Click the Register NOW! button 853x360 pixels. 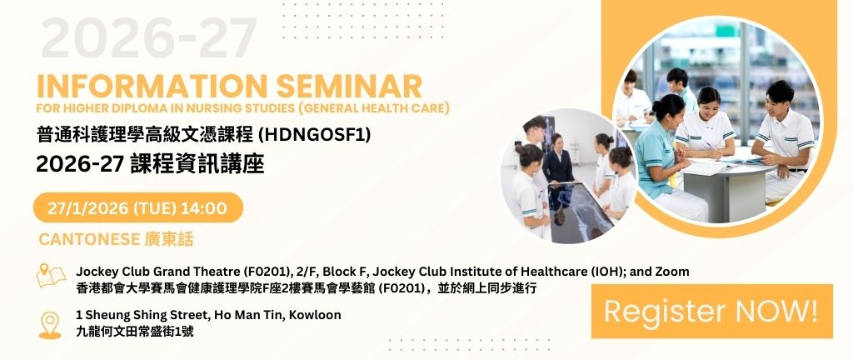click(x=711, y=311)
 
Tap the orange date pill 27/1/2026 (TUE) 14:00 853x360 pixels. click(x=137, y=207)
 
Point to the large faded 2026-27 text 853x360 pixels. click(x=148, y=38)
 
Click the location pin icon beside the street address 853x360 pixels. click(x=50, y=325)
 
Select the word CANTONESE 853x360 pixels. click(x=89, y=239)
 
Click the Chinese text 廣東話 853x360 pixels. click(x=169, y=239)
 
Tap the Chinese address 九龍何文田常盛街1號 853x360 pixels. click(x=135, y=331)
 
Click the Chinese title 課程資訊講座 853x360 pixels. click(x=197, y=163)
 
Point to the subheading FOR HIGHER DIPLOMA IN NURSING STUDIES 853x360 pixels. click(x=167, y=108)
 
